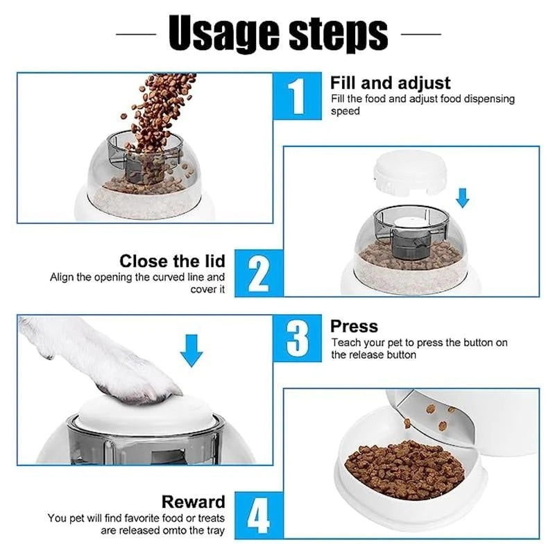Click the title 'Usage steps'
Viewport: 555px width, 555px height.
click(277, 33)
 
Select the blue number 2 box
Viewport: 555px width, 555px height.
click(259, 274)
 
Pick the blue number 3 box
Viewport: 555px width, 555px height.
click(298, 339)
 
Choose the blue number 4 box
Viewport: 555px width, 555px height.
click(259, 515)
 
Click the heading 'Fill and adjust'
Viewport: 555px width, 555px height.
click(391, 83)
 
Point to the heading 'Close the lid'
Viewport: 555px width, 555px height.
click(172, 261)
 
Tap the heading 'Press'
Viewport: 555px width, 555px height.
click(354, 326)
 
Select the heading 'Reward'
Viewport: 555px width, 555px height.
click(194, 502)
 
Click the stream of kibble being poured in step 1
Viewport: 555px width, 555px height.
click(160, 111)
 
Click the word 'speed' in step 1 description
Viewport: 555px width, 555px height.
click(345, 111)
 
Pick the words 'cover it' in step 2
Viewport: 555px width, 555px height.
click(207, 289)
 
